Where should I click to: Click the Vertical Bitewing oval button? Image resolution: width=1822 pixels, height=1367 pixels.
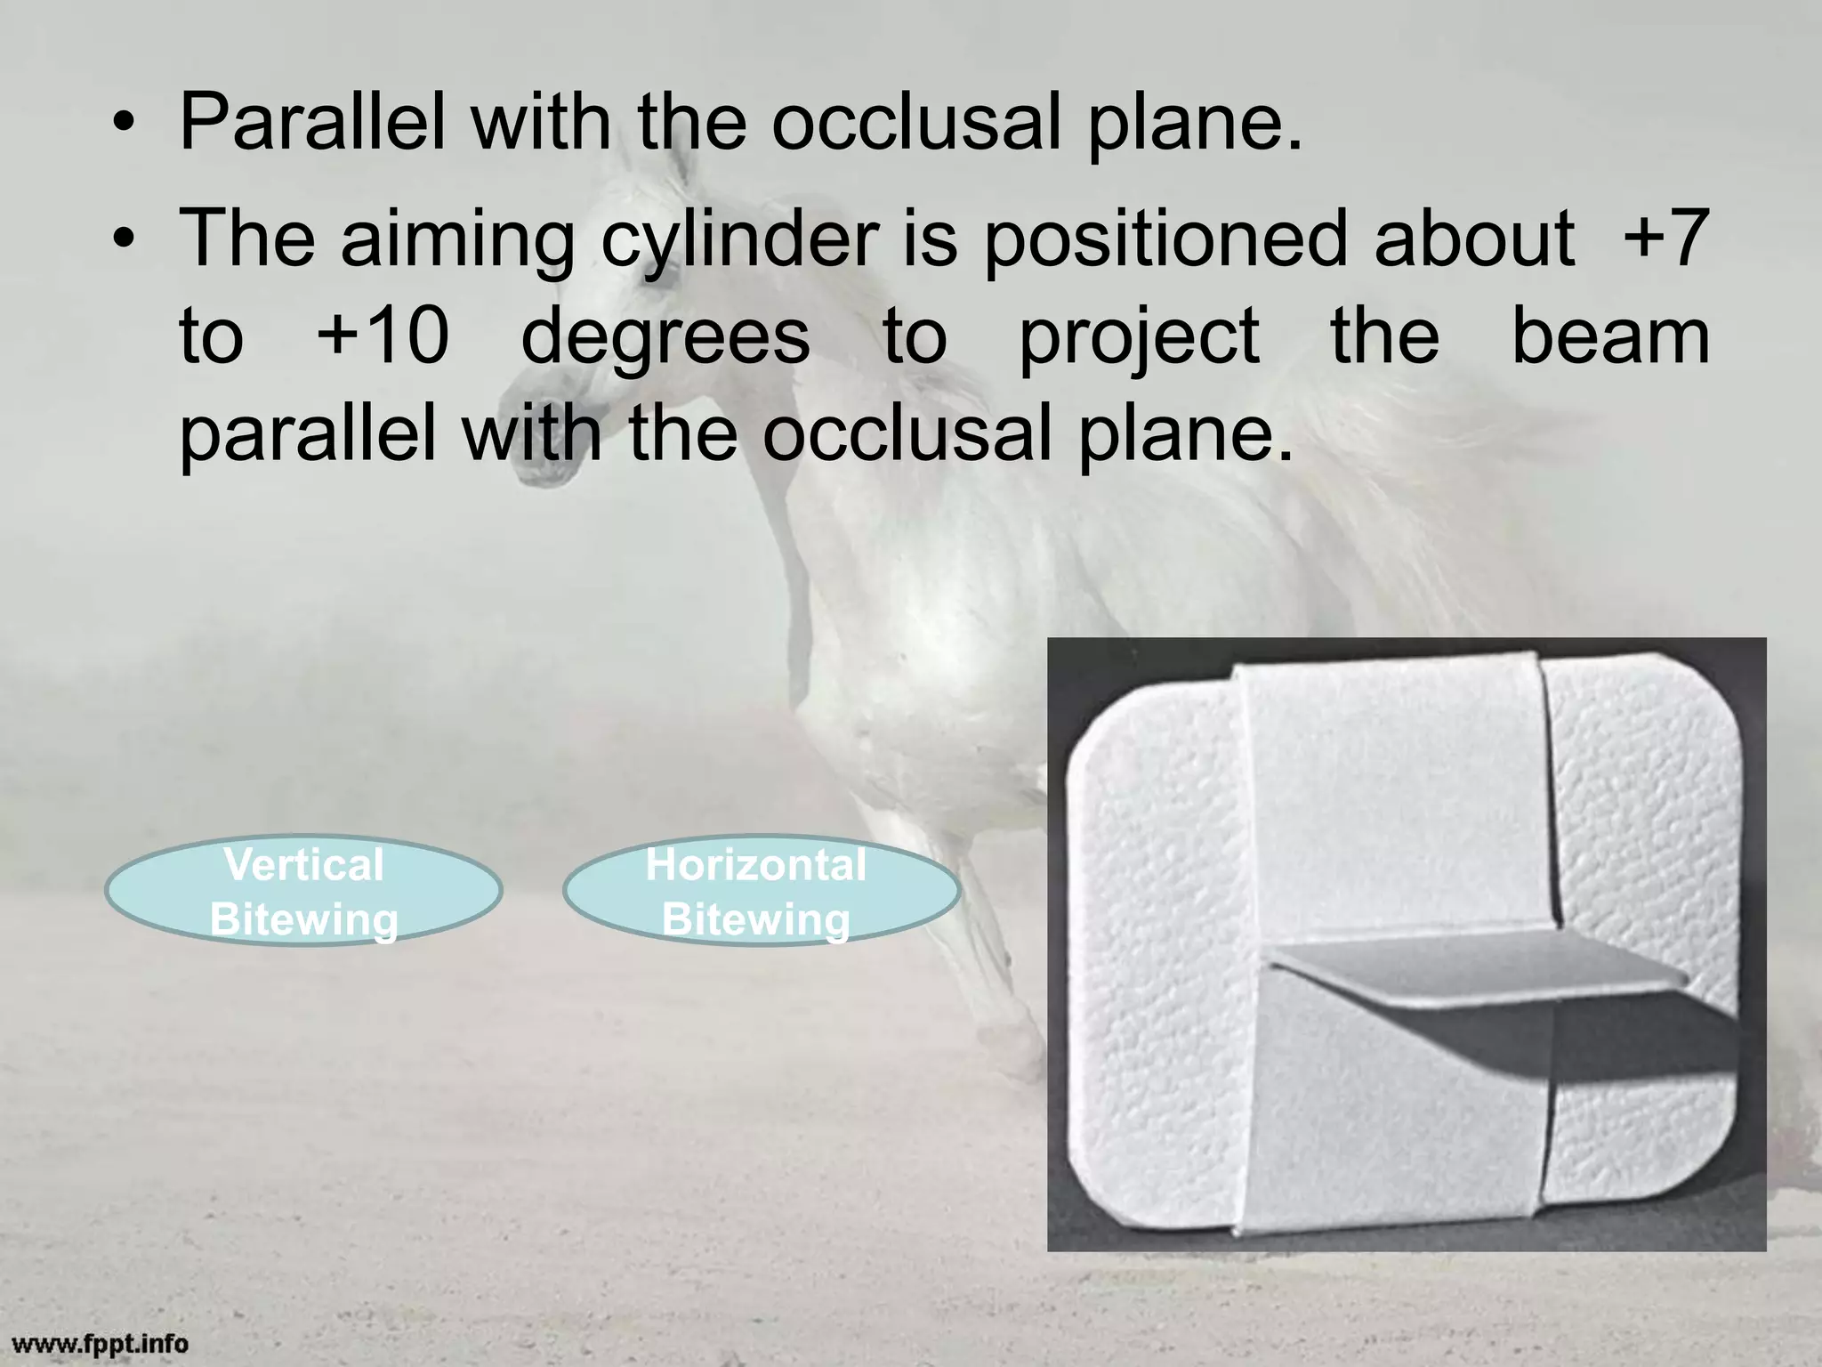coord(303,891)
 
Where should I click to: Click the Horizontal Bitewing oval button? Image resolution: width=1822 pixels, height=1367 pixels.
coord(761,891)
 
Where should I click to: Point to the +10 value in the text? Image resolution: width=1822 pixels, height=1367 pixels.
coord(383,336)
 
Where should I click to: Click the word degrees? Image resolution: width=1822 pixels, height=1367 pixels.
coord(665,338)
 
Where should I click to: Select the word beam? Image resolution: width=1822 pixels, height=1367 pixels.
coord(1610,336)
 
